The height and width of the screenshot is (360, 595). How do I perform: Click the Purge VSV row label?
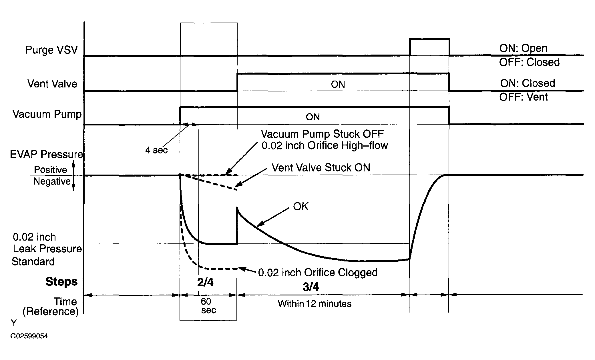pos(51,50)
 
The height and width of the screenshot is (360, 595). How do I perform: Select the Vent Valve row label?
pos(52,84)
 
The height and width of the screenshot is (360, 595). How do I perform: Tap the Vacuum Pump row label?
pos(47,114)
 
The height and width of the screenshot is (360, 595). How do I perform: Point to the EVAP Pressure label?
pos(47,154)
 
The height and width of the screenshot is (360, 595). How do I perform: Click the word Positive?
pos(50,170)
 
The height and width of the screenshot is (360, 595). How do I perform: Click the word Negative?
pos(52,181)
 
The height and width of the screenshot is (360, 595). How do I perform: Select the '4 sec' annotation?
pos(156,150)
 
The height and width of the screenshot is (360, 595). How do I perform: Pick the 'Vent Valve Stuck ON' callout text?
pos(321,167)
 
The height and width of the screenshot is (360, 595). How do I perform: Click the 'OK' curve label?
pos(301,206)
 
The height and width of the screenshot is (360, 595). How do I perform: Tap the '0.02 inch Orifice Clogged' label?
pos(318,273)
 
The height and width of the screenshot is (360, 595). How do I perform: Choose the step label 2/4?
pos(205,282)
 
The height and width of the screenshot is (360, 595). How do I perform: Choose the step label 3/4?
pos(311,287)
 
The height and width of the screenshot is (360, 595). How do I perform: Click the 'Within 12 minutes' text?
pos(315,303)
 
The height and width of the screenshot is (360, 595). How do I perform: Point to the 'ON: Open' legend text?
pos(523,48)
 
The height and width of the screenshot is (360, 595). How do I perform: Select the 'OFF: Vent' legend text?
pos(523,97)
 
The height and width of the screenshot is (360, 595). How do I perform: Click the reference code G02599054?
pos(29,336)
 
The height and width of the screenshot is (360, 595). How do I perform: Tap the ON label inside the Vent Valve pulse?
pos(338,84)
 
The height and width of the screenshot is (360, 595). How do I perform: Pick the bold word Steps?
pos(61,282)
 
